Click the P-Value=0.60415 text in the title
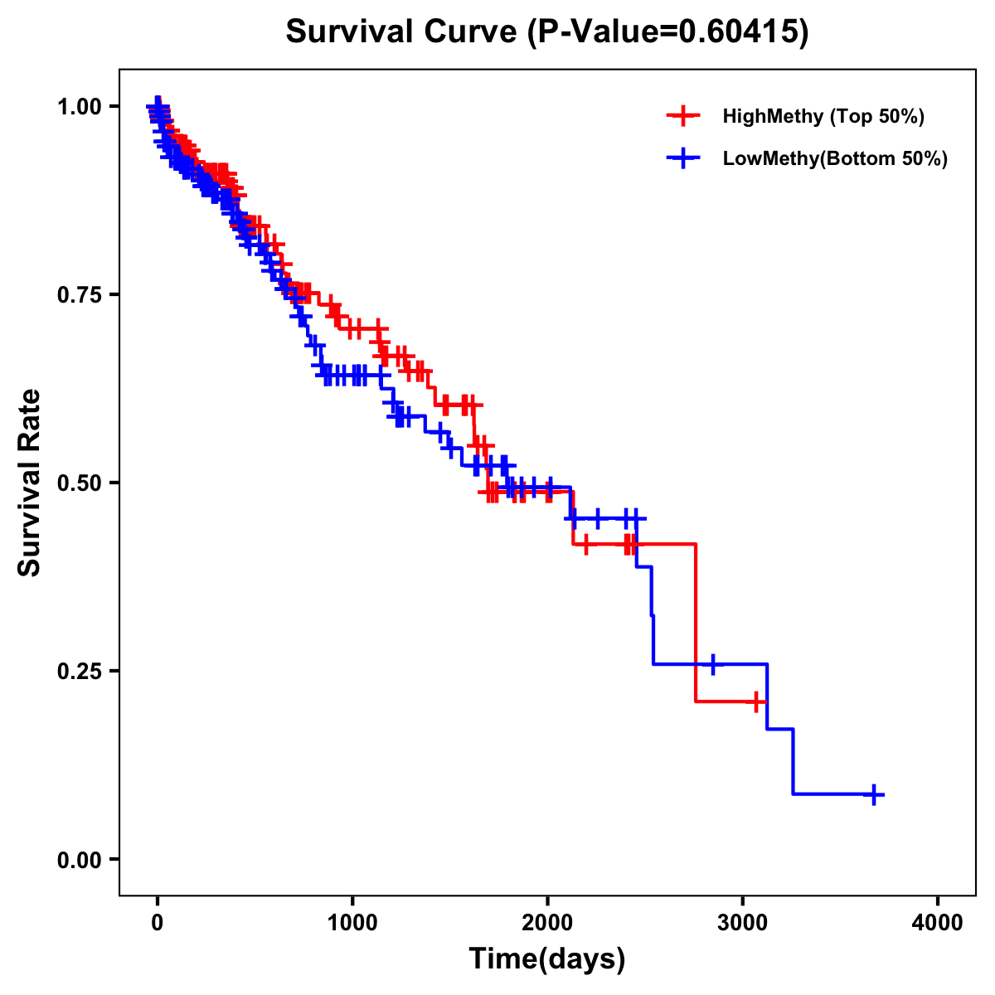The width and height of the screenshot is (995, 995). (670, 32)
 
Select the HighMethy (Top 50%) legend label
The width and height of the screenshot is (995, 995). (823, 116)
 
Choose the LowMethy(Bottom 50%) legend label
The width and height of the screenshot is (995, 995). (834, 158)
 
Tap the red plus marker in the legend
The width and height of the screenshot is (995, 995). (682, 116)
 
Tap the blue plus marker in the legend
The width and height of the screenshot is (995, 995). (682, 158)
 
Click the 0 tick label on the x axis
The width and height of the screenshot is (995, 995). (157, 923)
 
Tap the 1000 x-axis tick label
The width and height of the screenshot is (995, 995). (352, 923)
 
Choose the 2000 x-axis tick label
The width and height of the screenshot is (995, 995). (547, 923)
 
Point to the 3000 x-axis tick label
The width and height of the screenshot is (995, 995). (743, 923)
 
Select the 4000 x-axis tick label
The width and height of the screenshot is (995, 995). (938, 923)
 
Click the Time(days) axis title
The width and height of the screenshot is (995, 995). (547, 959)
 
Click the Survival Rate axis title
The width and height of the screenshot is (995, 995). (30, 482)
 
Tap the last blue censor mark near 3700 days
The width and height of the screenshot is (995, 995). (872, 794)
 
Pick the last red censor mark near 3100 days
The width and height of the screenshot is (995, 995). (755, 701)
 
